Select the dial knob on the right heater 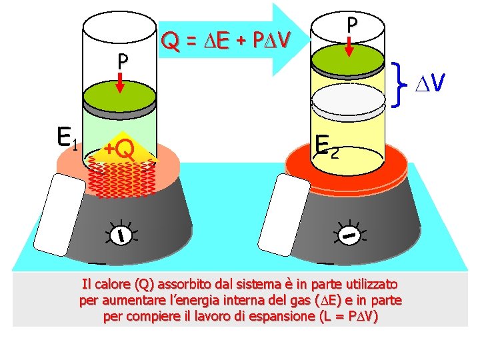pyautogui.click(x=349, y=234)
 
